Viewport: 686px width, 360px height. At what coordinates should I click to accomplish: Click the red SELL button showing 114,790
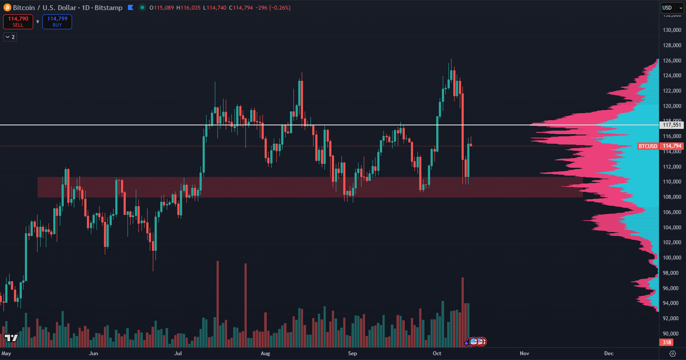[x=18, y=21]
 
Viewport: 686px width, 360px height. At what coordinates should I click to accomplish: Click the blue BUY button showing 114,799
[x=57, y=21]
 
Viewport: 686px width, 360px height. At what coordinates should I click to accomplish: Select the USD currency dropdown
[x=671, y=8]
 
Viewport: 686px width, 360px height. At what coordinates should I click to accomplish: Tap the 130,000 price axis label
[x=672, y=30]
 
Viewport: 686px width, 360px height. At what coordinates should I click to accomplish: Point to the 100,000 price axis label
[x=672, y=258]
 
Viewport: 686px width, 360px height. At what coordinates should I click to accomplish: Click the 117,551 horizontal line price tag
[x=672, y=125]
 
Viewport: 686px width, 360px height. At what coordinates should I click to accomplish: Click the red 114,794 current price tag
[x=672, y=146]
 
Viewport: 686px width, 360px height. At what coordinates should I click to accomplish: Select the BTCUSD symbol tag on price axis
[x=648, y=146]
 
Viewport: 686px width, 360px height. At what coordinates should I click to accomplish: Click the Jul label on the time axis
[x=178, y=353]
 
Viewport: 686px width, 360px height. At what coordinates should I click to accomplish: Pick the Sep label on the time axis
[x=352, y=353]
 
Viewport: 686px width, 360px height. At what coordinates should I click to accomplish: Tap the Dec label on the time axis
[x=609, y=353]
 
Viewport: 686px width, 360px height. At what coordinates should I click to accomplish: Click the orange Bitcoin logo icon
[x=7, y=8]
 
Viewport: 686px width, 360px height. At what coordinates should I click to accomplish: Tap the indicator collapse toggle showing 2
[x=10, y=37]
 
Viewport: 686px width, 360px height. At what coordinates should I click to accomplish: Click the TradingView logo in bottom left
[x=11, y=338]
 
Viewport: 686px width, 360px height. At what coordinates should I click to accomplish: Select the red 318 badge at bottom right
[x=667, y=343]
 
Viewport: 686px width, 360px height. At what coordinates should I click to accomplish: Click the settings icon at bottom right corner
[x=672, y=353]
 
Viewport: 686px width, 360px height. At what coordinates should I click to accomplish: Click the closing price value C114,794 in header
[x=241, y=8]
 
